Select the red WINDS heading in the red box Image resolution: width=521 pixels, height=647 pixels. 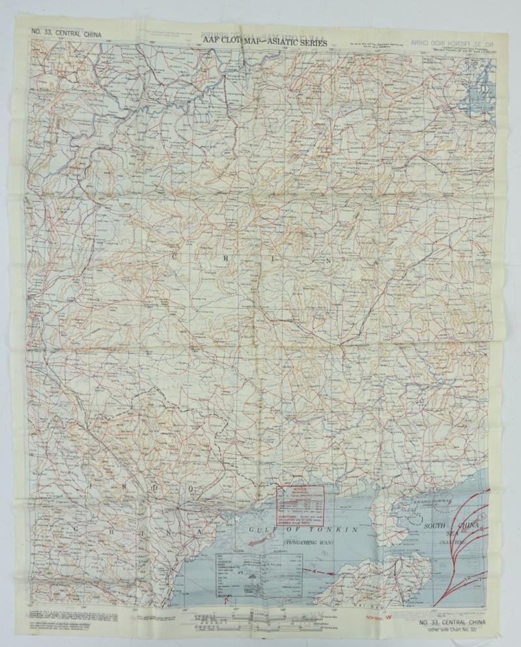click(x=298, y=488)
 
